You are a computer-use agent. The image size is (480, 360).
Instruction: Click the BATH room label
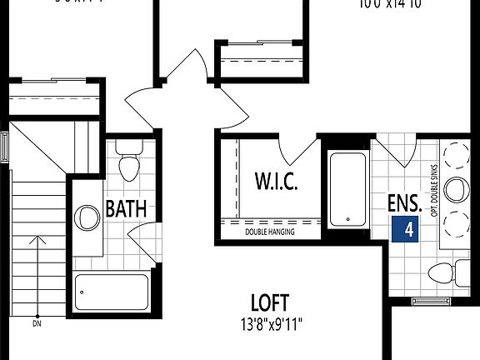click(127, 208)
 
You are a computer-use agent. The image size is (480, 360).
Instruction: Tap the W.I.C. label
click(276, 180)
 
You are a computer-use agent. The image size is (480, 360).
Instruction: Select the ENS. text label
click(404, 202)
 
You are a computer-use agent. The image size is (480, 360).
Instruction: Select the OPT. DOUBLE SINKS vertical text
click(435, 191)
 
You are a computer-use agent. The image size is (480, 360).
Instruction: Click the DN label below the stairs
click(37, 323)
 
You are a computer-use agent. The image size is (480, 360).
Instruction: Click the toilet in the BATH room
click(129, 164)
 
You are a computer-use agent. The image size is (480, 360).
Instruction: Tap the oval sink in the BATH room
click(87, 219)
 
